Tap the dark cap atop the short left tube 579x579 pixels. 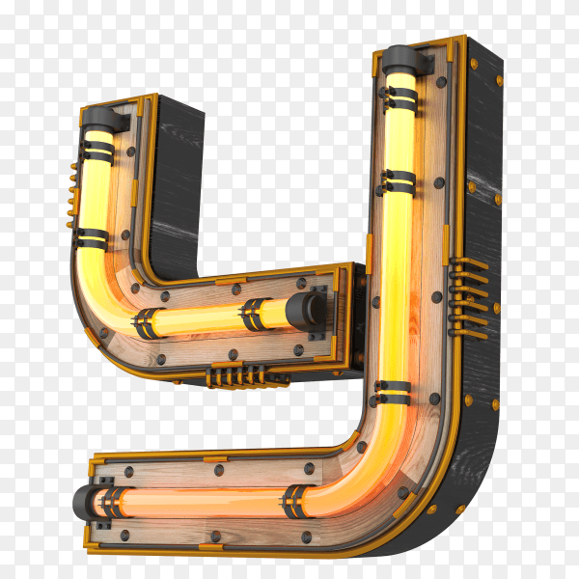click(x=103, y=118)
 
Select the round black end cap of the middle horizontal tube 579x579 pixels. click(x=307, y=312)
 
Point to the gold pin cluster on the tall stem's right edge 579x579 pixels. click(x=468, y=298)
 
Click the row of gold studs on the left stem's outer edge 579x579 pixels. click(x=71, y=195)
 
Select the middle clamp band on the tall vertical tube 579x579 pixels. click(x=398, y=182)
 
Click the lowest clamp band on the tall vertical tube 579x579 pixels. click(x=392, y=393)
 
